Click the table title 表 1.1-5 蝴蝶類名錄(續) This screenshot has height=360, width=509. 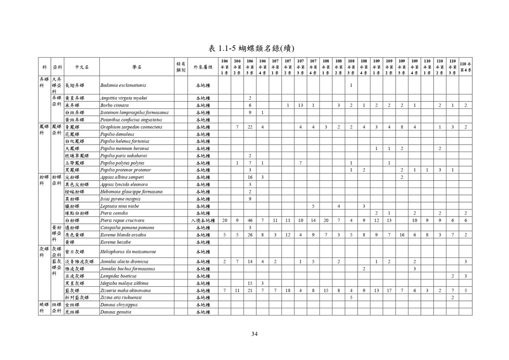tap(254, 48)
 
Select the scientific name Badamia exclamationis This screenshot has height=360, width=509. tap(123, 85)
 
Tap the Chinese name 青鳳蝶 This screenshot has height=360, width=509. tap(74, 127)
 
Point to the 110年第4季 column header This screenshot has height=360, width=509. tap(466, 67)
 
